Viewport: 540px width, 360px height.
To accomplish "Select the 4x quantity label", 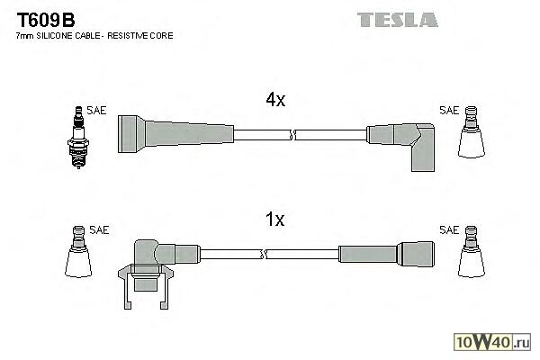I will click(x=275, y=102).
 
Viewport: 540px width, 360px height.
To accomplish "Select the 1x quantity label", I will click(x=275, y=219).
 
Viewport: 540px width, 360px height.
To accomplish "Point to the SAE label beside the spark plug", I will click(x=97, y=110).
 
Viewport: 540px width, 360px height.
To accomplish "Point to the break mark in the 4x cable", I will click(x=292, y=135).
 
